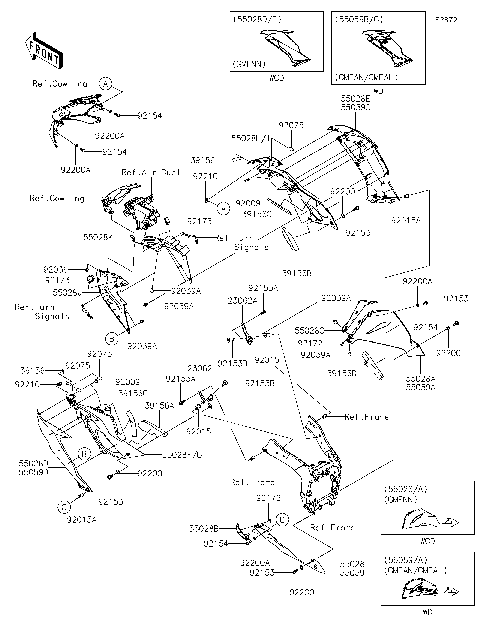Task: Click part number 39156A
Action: tap(160, 407)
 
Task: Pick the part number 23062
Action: tap(198, 369)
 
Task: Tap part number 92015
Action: tap(267, 359)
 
